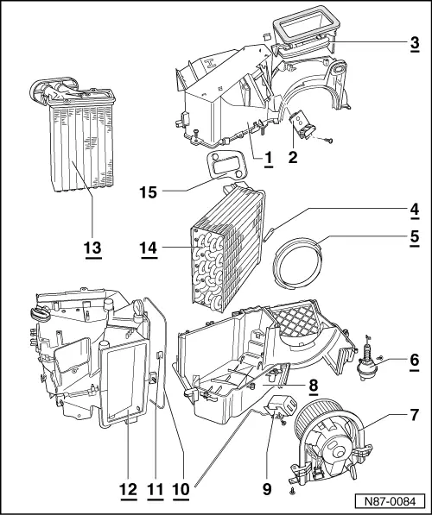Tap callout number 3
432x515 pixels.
click(415, 41)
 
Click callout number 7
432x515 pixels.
click(415, 416)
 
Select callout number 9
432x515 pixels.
click(267, 488)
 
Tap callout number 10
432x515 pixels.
click(181, 488)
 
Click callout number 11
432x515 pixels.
click(156, 488)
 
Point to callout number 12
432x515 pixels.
click(128, 488)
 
